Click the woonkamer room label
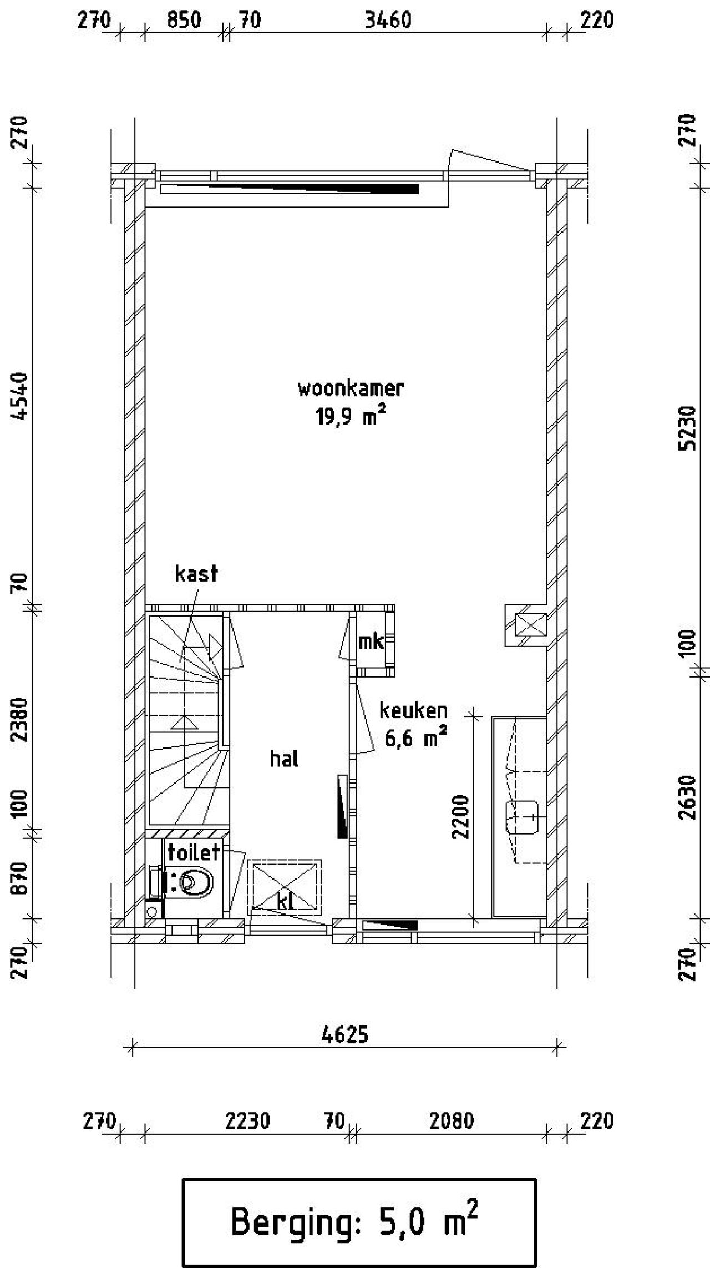(x=351, y=388)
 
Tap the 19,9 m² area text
(x=351, y=416)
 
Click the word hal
(x=284, y=759)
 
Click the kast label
(x=196, y=573)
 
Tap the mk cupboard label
(x=371, y=642)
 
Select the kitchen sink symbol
(x=523, y=817)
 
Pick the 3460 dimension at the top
(x=388, y=21)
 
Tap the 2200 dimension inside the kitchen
(x=461, y=817)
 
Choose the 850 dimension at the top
(x=184, y=21)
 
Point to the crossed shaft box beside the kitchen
(x=531, y=625)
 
